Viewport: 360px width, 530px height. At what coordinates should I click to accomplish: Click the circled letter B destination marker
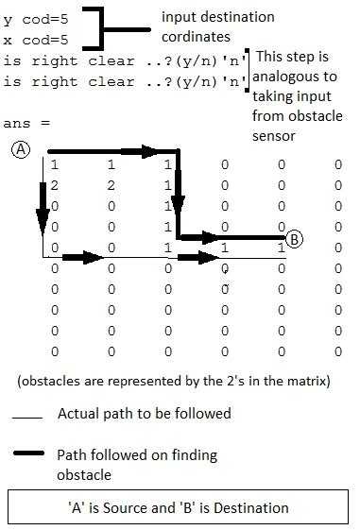295,239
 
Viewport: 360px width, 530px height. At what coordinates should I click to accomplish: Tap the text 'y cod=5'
34,18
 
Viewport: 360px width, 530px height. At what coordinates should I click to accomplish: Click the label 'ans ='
26,124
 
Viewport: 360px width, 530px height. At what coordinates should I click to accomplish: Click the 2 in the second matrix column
111,186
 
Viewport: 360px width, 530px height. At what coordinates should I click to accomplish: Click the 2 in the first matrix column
55,186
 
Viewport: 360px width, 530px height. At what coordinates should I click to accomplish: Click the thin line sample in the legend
28,418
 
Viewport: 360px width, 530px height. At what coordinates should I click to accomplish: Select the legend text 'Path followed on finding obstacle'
137,464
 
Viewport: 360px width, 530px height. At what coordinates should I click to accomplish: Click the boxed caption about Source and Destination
180,507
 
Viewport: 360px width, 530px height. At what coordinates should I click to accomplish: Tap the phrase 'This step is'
295,58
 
